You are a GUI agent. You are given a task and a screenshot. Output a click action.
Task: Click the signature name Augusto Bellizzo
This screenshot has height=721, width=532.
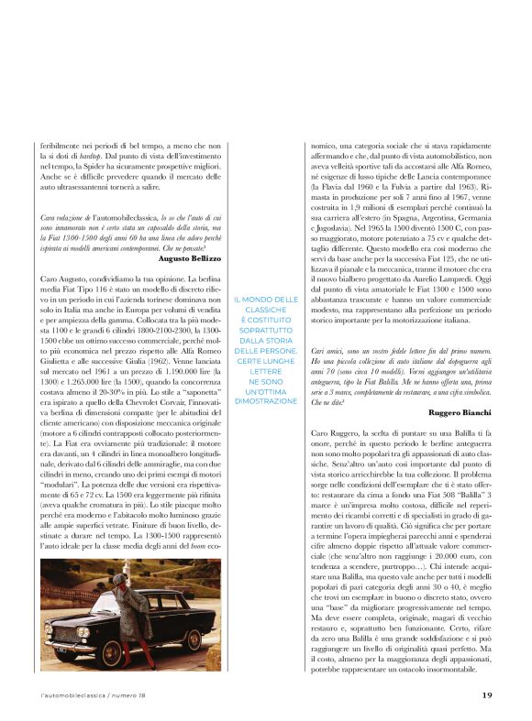tap(190, 259)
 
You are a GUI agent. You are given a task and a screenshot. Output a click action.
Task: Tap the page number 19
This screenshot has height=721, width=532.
tap(487, 694)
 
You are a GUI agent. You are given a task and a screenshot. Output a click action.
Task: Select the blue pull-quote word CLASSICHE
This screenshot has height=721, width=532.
tap(266, 311)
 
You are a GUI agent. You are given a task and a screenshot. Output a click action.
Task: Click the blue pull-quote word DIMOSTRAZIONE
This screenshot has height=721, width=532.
tap(266, 400)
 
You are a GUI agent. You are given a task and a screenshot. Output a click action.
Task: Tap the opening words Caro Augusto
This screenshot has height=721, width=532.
tap(66, 277)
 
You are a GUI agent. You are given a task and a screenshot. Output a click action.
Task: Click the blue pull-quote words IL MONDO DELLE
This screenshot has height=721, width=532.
tap(266, 300)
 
